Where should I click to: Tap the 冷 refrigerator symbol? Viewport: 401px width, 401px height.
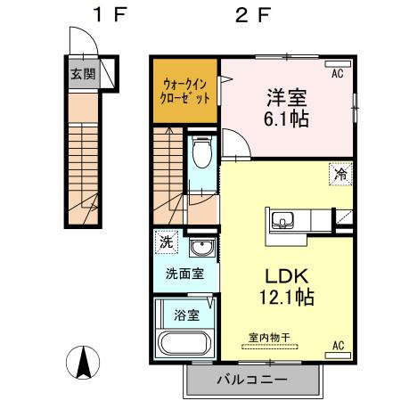click(341, 175)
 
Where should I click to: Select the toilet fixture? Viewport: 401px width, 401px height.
click(201, 153)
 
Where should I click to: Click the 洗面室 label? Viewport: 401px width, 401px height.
click(184, 274)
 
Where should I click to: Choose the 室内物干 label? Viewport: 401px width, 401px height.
click(273, 339)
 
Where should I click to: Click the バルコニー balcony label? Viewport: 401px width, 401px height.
click(252, 381)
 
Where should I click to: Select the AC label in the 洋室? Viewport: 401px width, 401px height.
click(338, 74)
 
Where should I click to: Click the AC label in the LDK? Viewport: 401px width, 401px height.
click(339, 344)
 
